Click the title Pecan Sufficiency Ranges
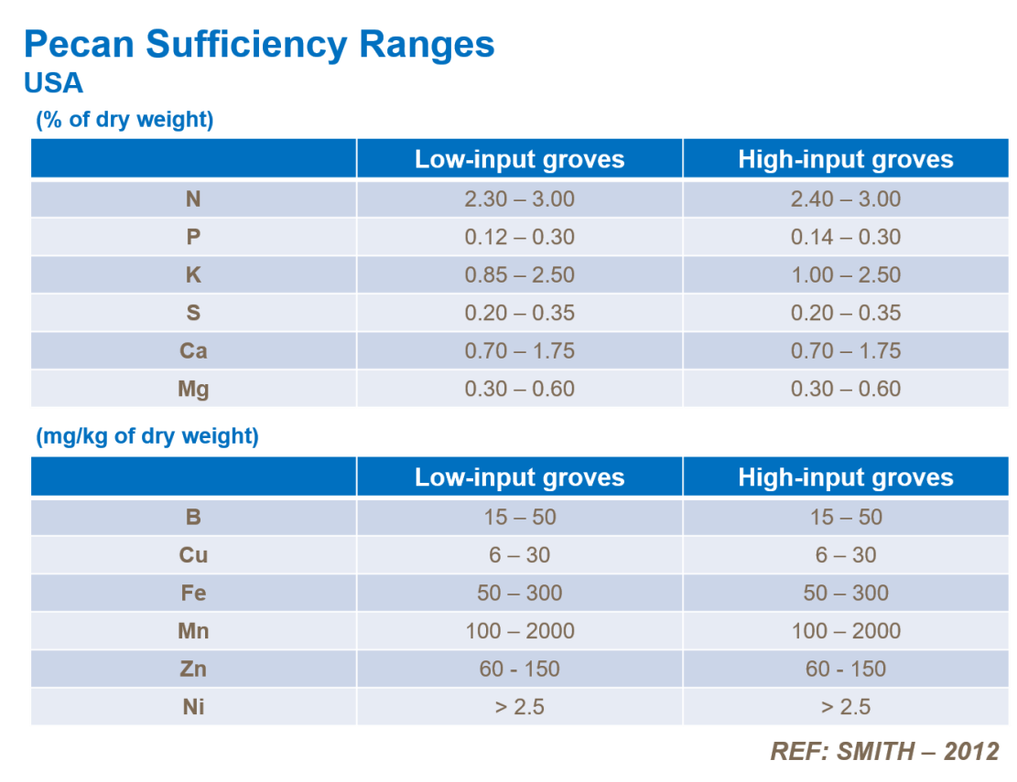(259, 44)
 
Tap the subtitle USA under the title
(54, 83)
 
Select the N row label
(193, 198)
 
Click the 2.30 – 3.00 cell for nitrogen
(519, 198)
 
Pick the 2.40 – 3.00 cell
(845, 198)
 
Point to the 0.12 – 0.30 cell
(519, 237)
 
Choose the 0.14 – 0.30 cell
(845, 237)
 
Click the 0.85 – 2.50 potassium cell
(519, 274)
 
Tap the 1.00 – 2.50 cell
(845, 274)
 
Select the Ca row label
(193, 350)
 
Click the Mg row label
(193, 389)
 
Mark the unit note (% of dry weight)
(124, 120)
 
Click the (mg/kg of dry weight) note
(147, 436)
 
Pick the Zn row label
(193, 669)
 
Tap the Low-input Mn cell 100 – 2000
(519, 630)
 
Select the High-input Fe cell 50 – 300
(845, 593)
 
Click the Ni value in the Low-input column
(519, 707)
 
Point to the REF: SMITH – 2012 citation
(884, 751)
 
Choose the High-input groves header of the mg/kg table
(845, 477)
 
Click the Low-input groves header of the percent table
(519, 159)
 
